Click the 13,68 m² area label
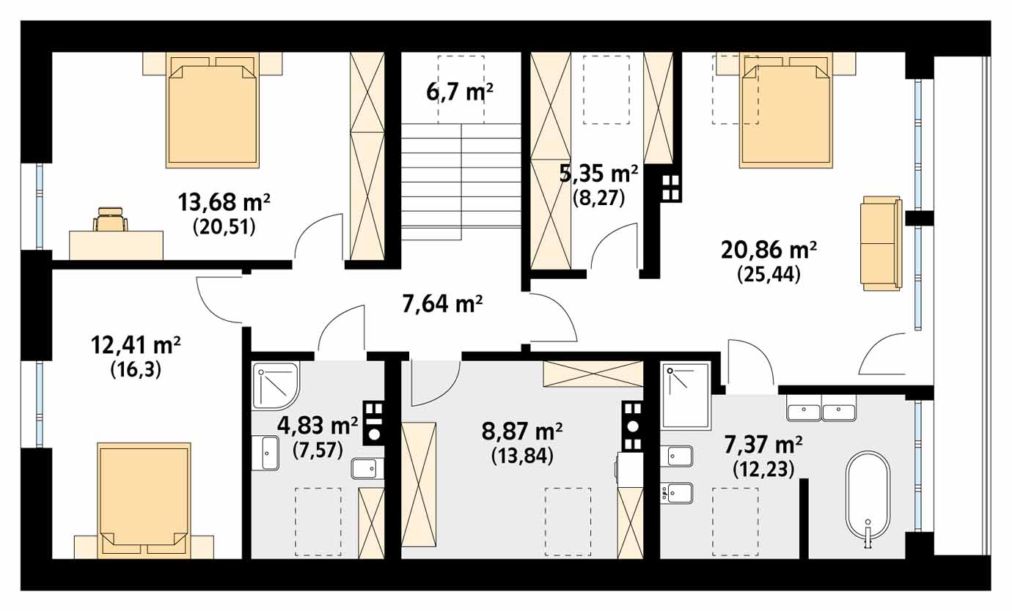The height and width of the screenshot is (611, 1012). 224,202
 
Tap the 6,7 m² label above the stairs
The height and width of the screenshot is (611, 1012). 460,92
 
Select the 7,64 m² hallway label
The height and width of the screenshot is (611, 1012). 442,304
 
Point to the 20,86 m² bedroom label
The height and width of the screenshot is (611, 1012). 769,250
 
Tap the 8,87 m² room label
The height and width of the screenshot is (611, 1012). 522,432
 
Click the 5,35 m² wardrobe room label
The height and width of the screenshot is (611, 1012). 598,174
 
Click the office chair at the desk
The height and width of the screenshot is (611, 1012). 110,219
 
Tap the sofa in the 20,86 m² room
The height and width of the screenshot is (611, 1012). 881,243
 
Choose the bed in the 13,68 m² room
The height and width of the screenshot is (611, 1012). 213,111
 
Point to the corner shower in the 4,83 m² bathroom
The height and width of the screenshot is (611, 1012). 276,386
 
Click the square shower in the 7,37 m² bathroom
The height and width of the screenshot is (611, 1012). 685,396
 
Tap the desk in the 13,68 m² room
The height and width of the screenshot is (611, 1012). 116,245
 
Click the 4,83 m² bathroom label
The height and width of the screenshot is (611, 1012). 317,425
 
